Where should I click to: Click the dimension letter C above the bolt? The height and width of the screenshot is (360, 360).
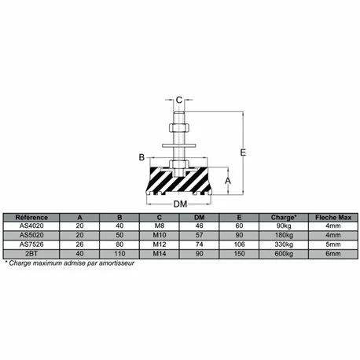tap(179, 100)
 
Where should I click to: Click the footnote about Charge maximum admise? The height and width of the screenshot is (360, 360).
tap(71, 263)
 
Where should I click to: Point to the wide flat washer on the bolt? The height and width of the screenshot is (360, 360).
tap(179, 142)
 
